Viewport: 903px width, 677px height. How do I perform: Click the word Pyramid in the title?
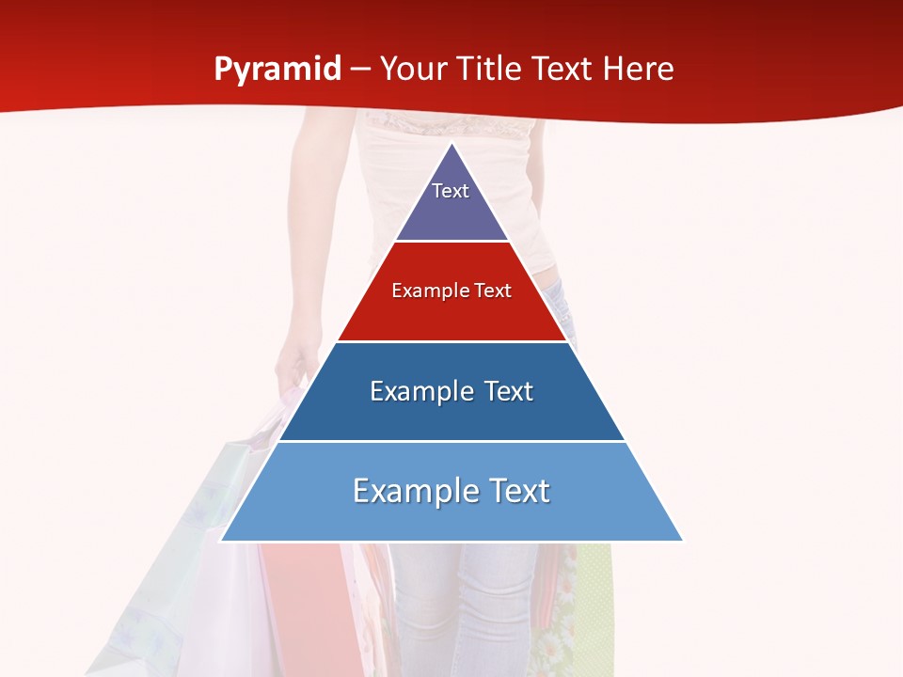(x=277, y=70)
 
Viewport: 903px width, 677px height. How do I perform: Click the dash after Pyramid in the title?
(x=359, y=71)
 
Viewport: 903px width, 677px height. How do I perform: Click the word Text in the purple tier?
(x=451, y=191)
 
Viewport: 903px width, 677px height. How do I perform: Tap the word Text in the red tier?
(x=494, y=291)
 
